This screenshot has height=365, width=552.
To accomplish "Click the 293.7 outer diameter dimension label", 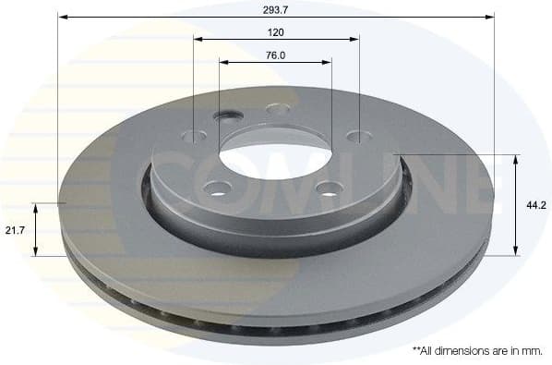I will click(276, 8).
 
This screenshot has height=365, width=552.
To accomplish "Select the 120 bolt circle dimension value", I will click(276, 32).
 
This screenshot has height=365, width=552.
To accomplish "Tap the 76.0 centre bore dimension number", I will click(276, 55).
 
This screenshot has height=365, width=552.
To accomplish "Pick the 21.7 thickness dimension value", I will click(14, 229).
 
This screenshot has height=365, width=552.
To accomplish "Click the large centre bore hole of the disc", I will click(274, 157).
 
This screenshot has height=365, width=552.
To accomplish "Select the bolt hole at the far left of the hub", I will click(195, 136).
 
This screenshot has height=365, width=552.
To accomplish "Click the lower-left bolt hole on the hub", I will click(218, 189).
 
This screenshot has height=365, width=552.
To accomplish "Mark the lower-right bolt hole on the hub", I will click(329, 189).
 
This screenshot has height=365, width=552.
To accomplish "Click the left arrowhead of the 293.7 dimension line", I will click(62, 16).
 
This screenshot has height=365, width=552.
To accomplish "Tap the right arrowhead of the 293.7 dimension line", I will click(490, 16).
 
